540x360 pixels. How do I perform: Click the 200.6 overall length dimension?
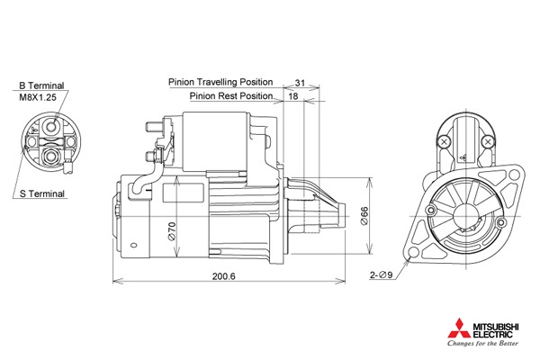pyautogui.click(x=224, y=276)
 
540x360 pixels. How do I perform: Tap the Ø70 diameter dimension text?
pyautogui.click(x=172, y=231)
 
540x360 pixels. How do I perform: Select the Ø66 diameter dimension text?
pyautogui.click(x=364, y=216)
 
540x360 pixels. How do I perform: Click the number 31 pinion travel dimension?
pyautogui.click(x=300, y=83)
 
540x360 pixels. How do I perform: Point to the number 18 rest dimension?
pyautogui.click(x=293, y=96)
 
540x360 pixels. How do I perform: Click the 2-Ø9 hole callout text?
pyautogui.click(x=381, y=274)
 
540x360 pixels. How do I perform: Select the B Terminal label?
pyautogui.click(x=41, y=85)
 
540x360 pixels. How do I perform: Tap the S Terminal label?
pyautogui.click(x=42, y=193)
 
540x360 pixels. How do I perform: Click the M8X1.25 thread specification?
pyautogui.click(x=38, y=97)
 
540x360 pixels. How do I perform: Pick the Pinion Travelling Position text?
pyautogui.click(x=220, y=82)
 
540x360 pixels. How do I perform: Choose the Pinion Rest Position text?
pyautogui.click(x=231, y=95)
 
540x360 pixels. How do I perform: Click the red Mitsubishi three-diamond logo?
pyautogui.click(x=459, y=328)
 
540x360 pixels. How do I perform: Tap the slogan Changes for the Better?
pyautogui.click(x=482, y=343)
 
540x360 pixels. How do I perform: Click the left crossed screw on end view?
pyautogui.click(x=445, y=141)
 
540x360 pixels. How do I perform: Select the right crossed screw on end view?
pyautogui.click(x=487, y=141)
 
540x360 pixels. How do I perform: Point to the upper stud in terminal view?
pyautogui.click(x=51, y=127)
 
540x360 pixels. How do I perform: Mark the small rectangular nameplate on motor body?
pyautogui.click(x=184, y=193)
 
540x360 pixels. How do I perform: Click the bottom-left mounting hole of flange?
pyautogui.click(x=412, y=253)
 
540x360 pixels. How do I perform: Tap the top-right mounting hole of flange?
pyautogui.click(x=514, y=175)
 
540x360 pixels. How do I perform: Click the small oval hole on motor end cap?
pyautogui.click(x=134, y=246)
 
